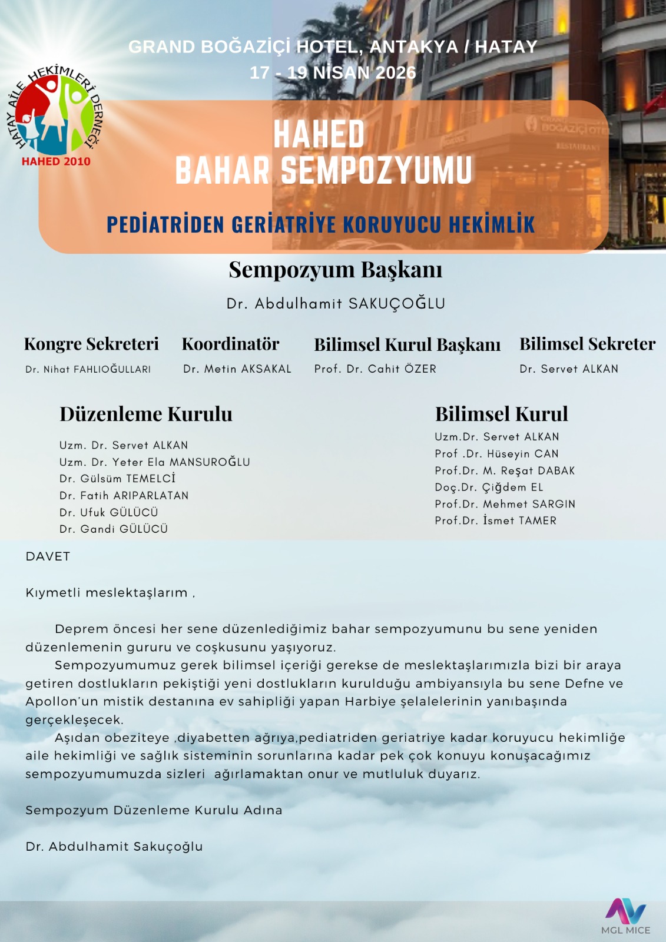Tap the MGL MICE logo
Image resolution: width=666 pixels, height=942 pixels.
tap(625, 916)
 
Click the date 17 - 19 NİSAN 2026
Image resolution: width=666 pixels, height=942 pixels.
tap(333, 72)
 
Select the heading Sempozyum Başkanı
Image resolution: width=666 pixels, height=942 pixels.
tap(335, 270)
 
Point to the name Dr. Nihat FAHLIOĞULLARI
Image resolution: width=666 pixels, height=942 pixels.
tap(88, 369)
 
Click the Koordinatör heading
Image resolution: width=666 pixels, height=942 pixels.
tap(230, 344)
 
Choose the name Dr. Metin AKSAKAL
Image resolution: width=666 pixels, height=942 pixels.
tap(237, 369)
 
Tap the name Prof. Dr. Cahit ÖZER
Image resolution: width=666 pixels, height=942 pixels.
tap(375, 369)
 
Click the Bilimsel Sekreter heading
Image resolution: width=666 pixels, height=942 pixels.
tap(587, 344)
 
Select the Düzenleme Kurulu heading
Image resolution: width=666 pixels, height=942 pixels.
tap(145, 414)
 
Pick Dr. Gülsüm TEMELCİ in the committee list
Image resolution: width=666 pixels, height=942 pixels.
tap(117, 479)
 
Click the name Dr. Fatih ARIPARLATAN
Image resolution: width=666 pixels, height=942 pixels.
tap(124, 496)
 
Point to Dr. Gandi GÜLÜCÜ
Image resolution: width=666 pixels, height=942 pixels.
tap(114, 529)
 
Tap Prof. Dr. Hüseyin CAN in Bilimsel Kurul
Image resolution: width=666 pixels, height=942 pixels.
tap(496, 454)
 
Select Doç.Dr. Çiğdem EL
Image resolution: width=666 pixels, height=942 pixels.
tap(489, 487)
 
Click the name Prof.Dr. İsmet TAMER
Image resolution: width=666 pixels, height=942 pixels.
tap(495, 521)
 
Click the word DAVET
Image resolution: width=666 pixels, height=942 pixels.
tap(48, 556)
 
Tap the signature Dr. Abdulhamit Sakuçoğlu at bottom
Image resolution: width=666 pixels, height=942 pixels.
tap(114, 847)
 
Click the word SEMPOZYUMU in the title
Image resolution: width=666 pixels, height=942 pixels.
tap(376, 171)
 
